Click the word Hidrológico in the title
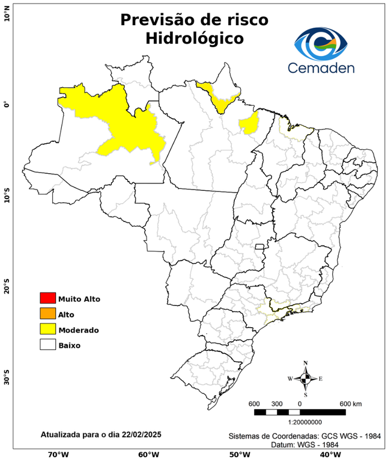194,39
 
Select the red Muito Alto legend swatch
47,298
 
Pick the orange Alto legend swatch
47,313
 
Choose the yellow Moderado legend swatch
47,329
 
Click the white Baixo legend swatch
47,345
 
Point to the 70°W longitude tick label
58,454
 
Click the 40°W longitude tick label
329,454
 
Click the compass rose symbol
306,378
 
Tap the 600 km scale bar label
351,403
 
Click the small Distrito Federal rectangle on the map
260,247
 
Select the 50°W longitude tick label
238,454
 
